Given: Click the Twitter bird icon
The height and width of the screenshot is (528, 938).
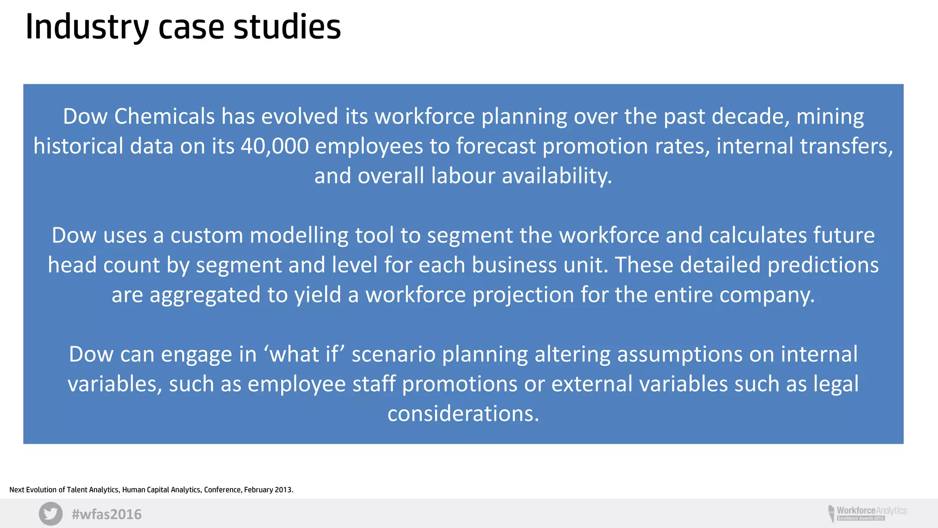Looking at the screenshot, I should pos(50,514).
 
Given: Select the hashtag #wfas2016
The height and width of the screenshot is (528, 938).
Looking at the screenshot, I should pos(107,514).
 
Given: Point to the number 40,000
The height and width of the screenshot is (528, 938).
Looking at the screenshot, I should pos(275,146).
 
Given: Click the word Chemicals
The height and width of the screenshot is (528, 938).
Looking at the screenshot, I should pos(164,116).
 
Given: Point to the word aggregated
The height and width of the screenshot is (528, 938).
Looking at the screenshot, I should pos(205,295).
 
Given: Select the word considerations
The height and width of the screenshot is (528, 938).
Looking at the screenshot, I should pos(463,414).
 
